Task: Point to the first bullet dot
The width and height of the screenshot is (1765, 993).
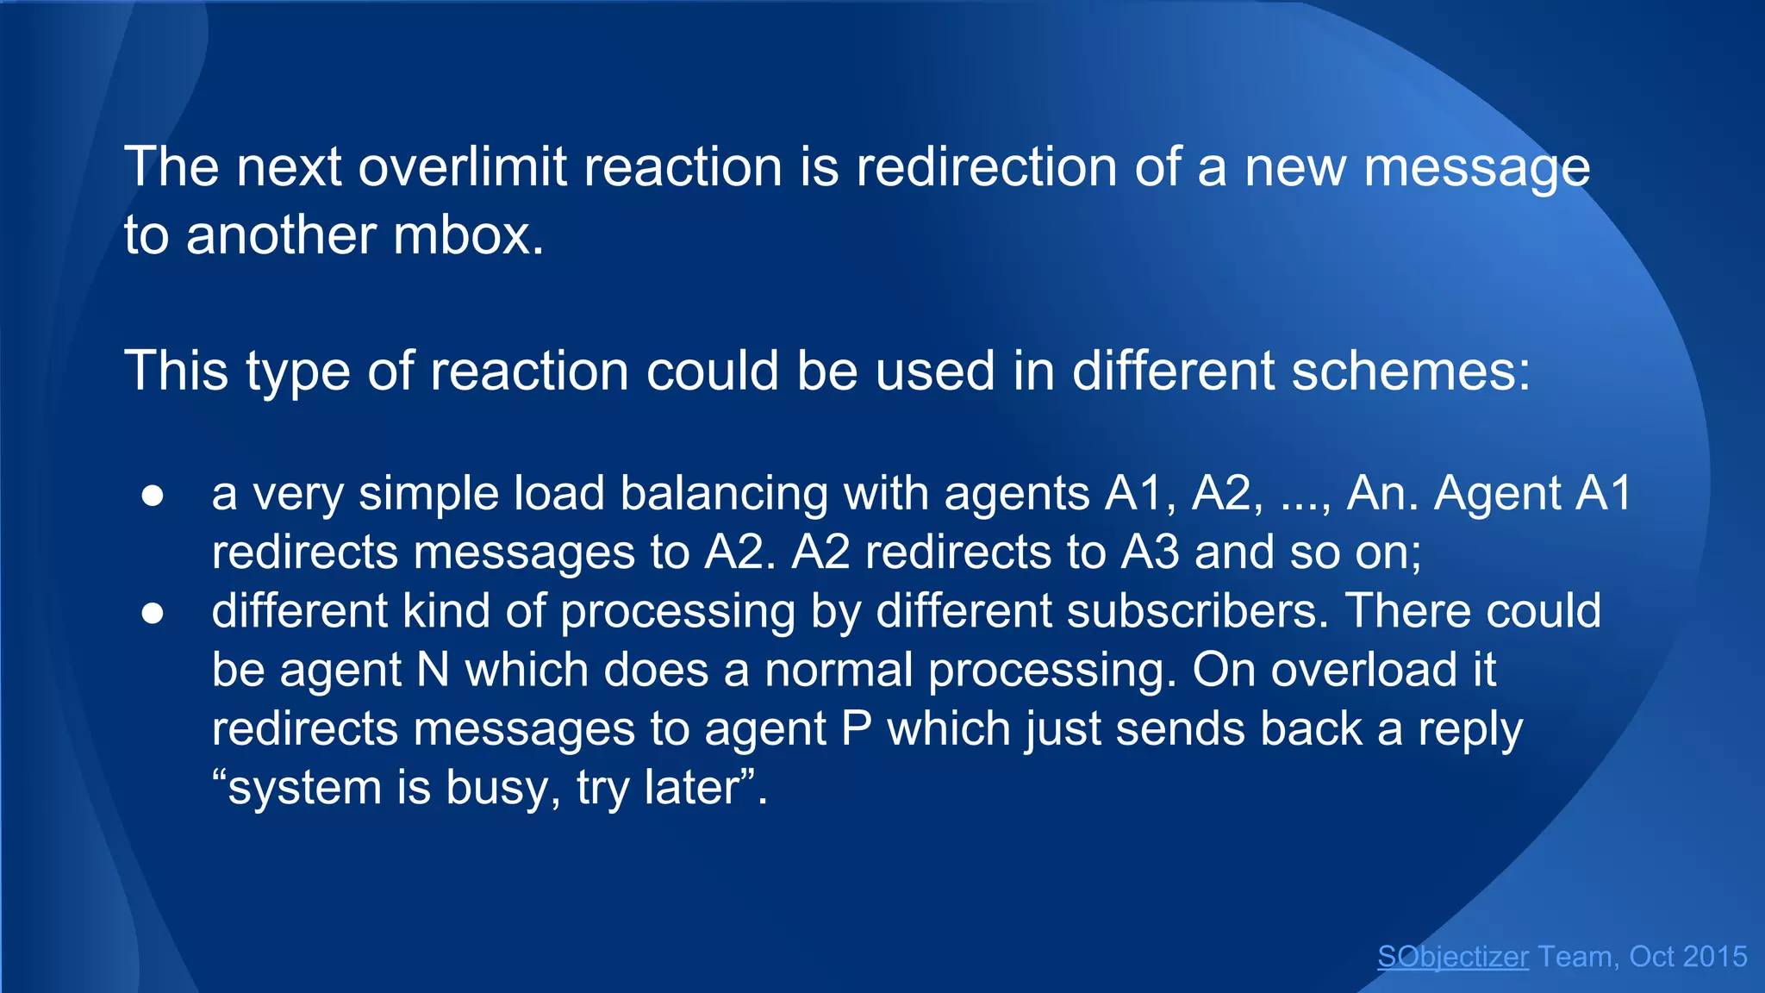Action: click(x=153, y=496)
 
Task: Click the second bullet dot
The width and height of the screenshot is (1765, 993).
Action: click(x=153, y=614)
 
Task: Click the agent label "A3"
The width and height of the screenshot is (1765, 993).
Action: click(x=1150, y=553)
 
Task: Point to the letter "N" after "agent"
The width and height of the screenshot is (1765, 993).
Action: click(x=433, y=671)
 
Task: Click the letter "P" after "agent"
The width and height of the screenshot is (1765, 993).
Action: click(x=856, y=730)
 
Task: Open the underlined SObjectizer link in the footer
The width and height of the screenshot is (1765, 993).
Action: click(x=1452, y=957)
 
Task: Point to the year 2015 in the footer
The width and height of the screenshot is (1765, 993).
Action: click(x=1713, y=957)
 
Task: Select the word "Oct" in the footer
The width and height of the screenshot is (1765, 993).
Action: click(x=1651, y=957)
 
